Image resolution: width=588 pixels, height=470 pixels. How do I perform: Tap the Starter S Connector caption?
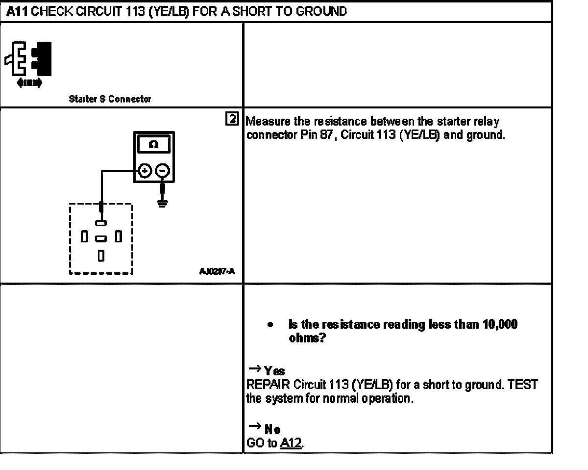110,99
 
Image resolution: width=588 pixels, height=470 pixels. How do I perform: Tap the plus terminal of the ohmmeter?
145,171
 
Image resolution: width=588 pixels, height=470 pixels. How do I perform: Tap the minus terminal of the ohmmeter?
163,171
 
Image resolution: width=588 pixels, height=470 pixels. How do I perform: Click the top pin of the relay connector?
101,223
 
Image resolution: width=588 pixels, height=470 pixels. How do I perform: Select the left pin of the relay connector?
84,237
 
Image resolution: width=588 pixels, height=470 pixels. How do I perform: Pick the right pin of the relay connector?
118,237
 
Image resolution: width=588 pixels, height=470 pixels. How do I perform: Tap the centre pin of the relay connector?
101,238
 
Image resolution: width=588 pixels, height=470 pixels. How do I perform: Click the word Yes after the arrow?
274,371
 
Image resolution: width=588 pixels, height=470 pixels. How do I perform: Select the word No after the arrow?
272,430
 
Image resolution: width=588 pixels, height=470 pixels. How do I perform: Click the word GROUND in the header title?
322,12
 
